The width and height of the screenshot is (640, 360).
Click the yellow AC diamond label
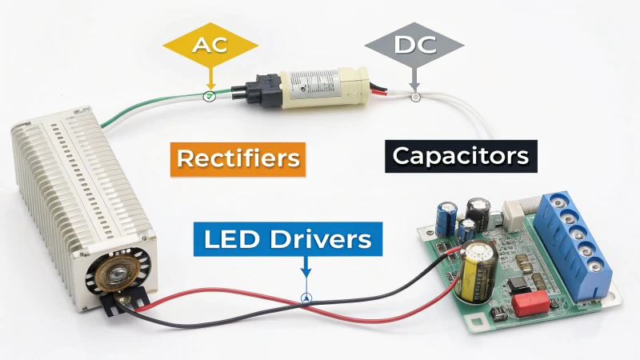pyautogui.click(x=210, y=45)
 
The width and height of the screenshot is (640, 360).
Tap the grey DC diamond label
pyautogui.click(x=414, y=45)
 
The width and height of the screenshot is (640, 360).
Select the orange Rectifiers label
pyautogui.click(x=238, y=159)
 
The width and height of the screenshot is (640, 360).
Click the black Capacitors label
pyautogui.click(x=461, y=156)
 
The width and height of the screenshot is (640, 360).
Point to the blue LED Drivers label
pyautogui.click(x=288, y=239)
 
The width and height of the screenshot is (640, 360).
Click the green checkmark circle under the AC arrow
pyautogui.click(x=210, y=96)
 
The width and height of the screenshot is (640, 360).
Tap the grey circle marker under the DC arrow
pyautogui.click(x=415, y=97)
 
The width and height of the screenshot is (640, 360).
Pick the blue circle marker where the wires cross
pyautogui.click(x=306, y=298)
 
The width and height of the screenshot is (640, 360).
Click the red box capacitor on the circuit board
pyautogui.click(x=530, y=303)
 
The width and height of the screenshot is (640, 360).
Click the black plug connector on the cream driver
pyautogui.click(x=257, y=90)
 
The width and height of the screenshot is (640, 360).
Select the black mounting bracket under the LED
pyautogui.click(x=125, y=302)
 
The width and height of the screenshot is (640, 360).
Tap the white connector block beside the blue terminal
pyautogui.click(x=514, y=214)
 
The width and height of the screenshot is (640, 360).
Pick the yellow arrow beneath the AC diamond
pyautogui.click(x=210, y=78)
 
